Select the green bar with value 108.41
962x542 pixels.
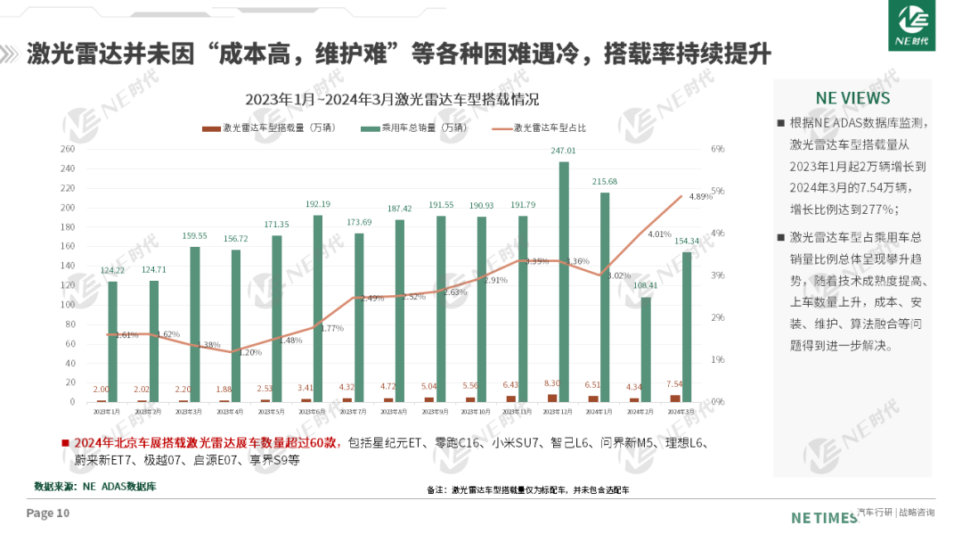click(646, 349)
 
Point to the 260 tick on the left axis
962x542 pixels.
click(68, 149)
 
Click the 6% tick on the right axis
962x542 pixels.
click(718, 149)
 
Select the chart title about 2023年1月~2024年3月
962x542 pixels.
click(392, 99)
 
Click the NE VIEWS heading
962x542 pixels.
click(852, 98)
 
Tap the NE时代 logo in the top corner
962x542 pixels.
click(913, 26)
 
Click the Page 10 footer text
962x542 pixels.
click(48, 513)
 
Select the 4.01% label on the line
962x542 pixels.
click(659, 234)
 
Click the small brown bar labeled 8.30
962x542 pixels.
click(552, 398)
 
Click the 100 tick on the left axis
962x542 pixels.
click(68, 305)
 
